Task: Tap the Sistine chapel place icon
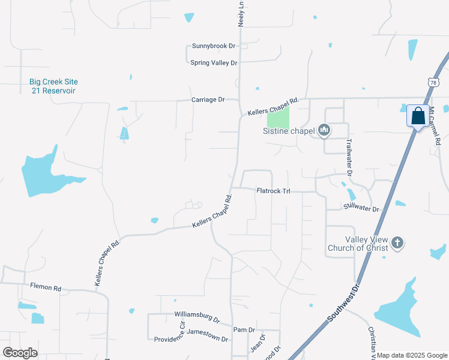point(324,130)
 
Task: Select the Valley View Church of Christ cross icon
point(397,244)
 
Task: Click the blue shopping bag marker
point(417,116)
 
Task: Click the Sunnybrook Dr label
point(212,46)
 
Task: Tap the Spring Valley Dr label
point(214,62)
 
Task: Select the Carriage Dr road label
point(208,100)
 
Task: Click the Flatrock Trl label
point(273,191)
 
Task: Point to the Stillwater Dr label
point(362,208)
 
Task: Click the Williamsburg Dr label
point(197,314)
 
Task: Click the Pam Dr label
point(244,330)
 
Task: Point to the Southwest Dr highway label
point(343,305)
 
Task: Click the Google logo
point(20,353)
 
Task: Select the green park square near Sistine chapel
point(278,116)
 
